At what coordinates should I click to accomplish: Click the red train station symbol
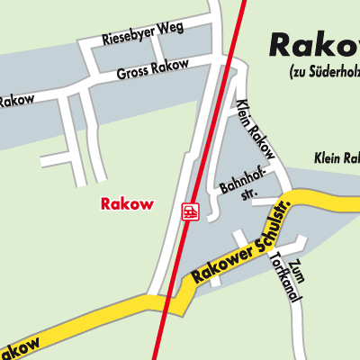pyautogui.click(x=190, y=211)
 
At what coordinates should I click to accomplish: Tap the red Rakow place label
pyautogui.click(x=126, y=204)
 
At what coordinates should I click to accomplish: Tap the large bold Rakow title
pyautogui.click(x=314, y=46)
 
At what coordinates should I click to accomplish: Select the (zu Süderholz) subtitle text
pyautogui.click(x=324, y=72)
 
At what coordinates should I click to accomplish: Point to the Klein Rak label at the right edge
pyautogui.click(x=337, y=159)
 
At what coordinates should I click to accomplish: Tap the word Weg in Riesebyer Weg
pyautogui.click(x=171, y=27)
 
